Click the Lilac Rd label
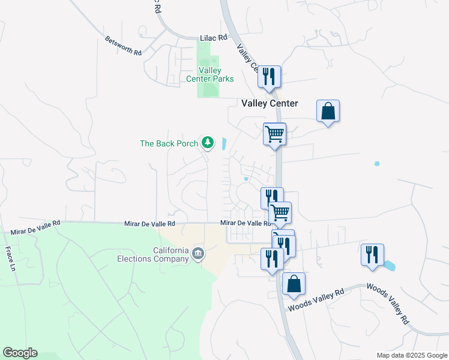pos(213,37)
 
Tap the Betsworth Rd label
pos(123,46)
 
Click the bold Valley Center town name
pos(270,103)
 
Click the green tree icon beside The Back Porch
pos(208,142)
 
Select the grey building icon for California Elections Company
pos(197,254)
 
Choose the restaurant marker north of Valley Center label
pos(268,76)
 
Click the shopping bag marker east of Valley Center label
pos(328,111)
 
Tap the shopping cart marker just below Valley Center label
pos(274,134)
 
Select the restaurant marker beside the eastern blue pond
pos(372,254)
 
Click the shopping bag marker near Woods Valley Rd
pos(294,284)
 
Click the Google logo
pos(20,353)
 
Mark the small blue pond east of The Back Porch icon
pos(224,144)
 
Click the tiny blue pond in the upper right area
pos(377,163)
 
